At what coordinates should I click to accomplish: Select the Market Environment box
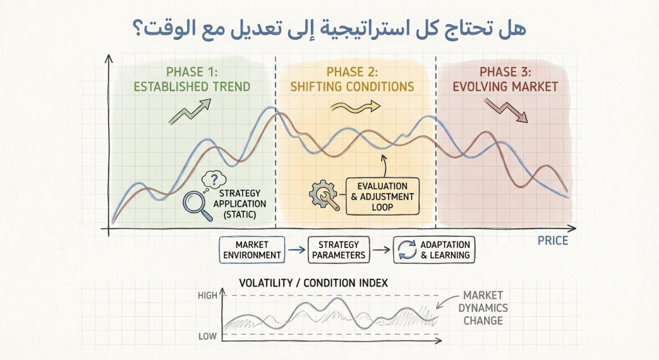click(252, 250)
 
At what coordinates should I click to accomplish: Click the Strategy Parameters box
click(339, 250)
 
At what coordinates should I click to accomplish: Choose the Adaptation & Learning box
click(432, 250)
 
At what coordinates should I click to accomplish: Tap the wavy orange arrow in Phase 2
click(352, 108)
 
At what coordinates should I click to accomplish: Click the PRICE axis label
click(552, 241)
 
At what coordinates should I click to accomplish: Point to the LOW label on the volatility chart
click(207, 335)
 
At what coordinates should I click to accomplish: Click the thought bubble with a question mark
click(214, 182)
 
